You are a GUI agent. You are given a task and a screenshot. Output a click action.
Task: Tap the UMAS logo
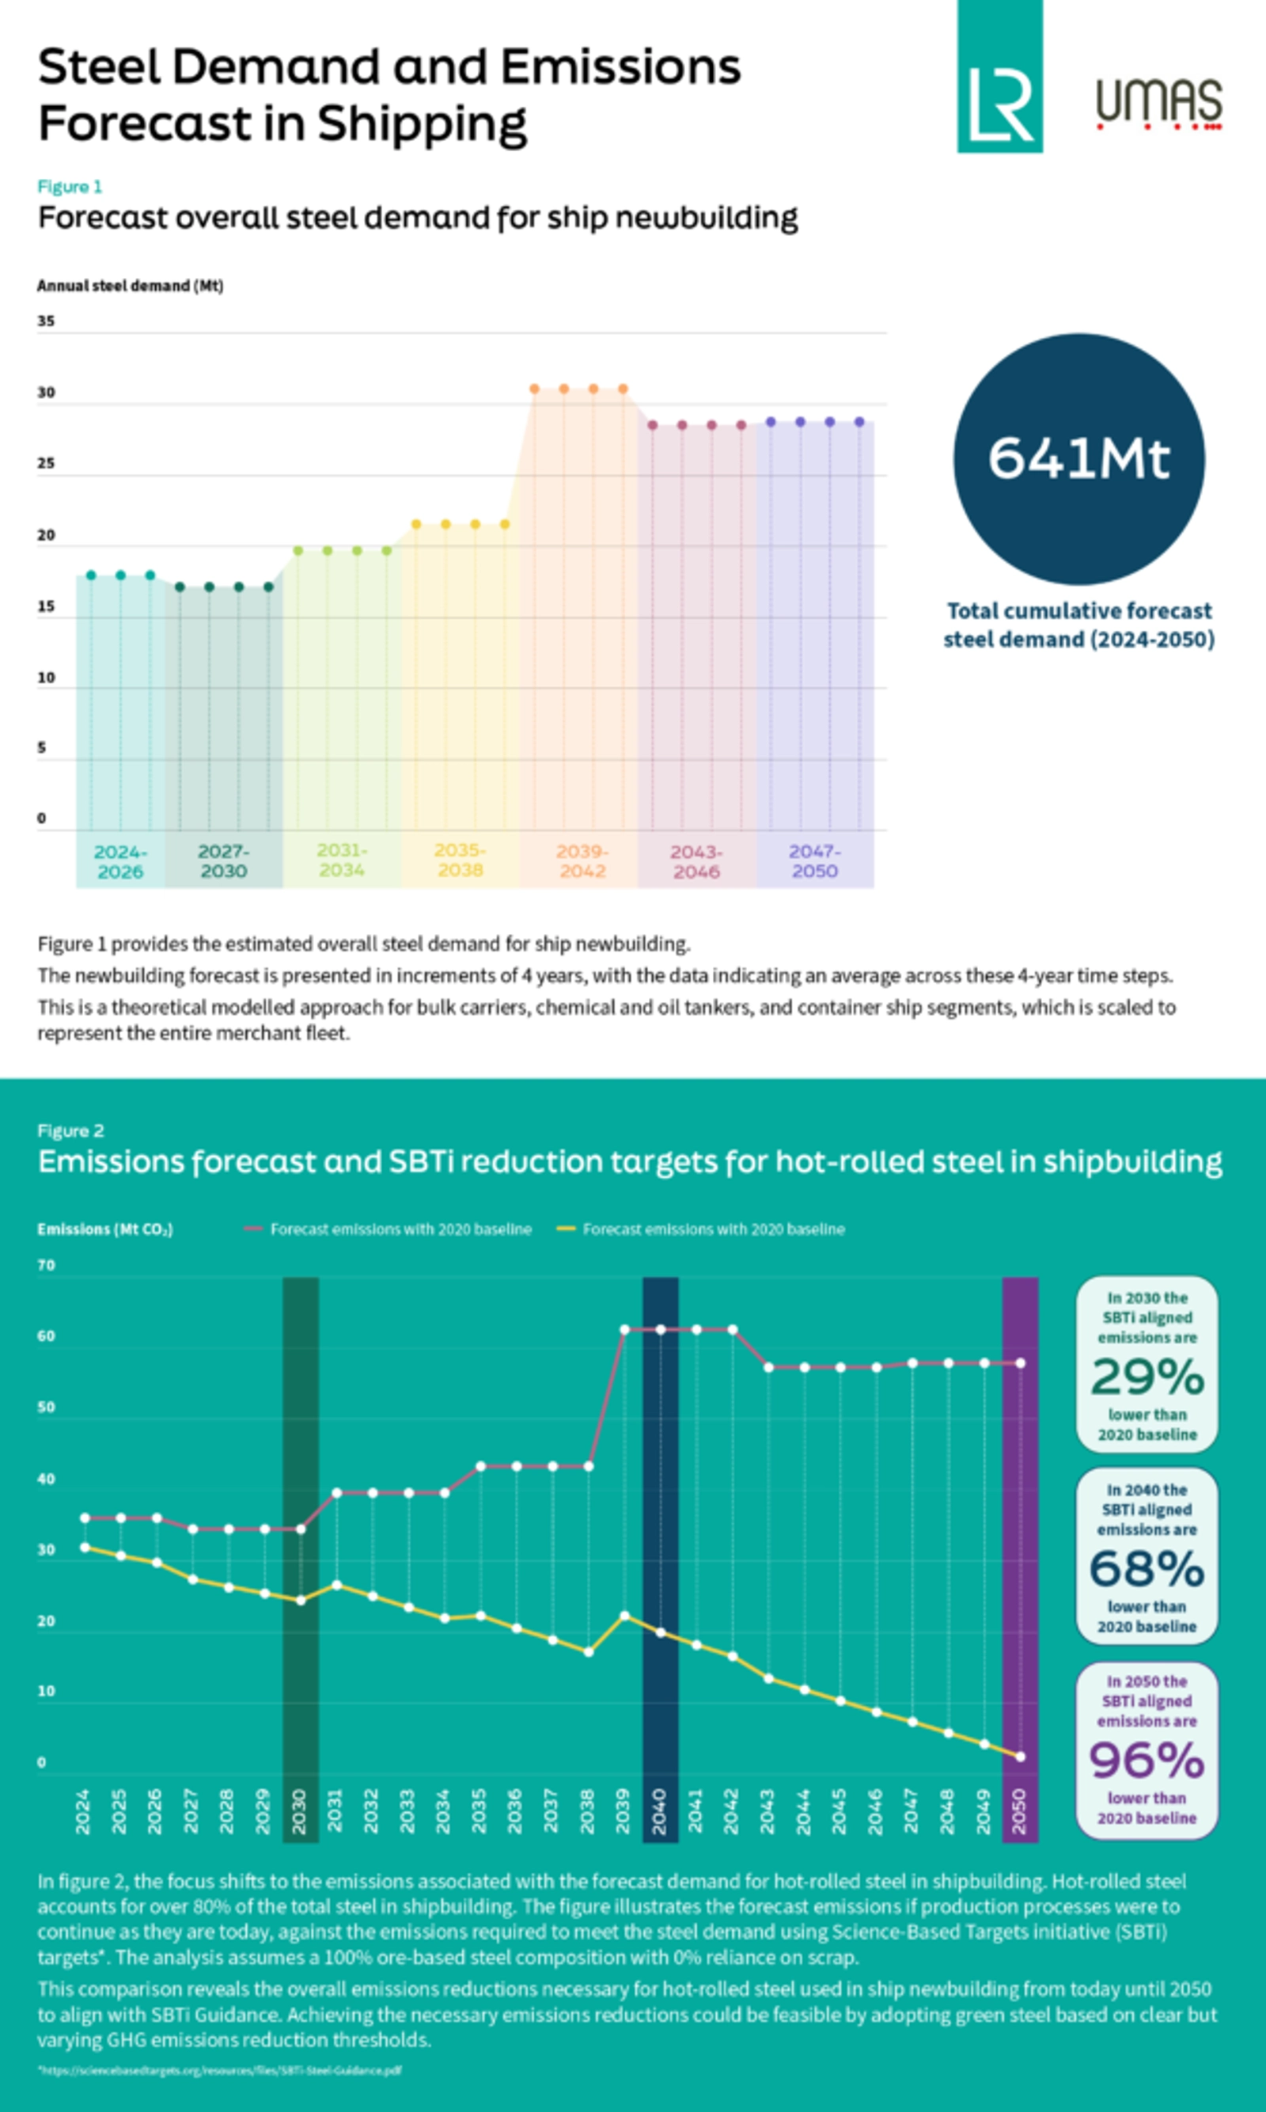[x=1158, y=102]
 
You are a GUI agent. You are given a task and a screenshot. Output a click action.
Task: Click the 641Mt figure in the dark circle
[x=1078, y=458]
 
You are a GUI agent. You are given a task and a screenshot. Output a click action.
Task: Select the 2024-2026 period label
[x=120, y=861]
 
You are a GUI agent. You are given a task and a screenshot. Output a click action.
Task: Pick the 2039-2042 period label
[x=582, y=861]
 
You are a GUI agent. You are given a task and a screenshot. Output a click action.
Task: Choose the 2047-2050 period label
[x=814, y=861]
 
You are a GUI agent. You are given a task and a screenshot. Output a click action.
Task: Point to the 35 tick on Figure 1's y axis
[x=46, y=321]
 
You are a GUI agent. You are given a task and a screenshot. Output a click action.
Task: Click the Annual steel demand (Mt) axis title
[x=130, y=286]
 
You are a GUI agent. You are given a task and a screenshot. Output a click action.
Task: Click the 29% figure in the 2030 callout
[x=1147, y=1377]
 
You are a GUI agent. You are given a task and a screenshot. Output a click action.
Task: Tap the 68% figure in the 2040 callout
[x=1147, y=1568]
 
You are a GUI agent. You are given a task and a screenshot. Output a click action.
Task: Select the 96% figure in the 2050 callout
[x=1147, y=1760]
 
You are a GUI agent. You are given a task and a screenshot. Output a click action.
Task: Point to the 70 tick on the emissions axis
[x=46, y=1266]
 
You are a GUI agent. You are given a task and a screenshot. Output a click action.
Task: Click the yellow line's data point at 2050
[x=1020, y=1756]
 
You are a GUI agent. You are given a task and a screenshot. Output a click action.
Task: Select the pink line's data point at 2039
[x=624, y=1329]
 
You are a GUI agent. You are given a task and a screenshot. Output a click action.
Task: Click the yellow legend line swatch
[x=567, y=1229]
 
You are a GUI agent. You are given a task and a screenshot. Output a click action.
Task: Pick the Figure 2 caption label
[x=70, y=1130]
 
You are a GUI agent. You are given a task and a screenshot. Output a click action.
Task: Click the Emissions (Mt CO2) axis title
[x=105, y=1229]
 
